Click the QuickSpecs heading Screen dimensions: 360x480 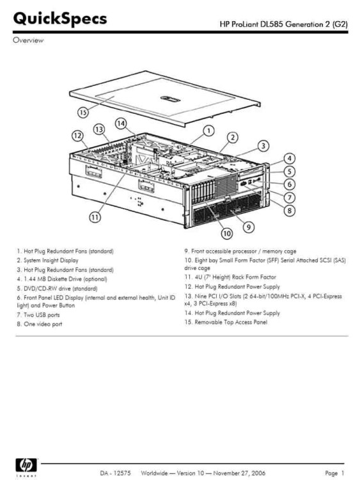coord(60,19)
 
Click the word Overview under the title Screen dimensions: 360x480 coord(28,40)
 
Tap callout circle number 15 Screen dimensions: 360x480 coord(83,113)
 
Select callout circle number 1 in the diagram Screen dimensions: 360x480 coord(208,131)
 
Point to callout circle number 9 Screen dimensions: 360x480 coord(249,227)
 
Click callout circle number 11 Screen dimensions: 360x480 coord(95,217)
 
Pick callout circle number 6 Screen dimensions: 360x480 coord(290,184)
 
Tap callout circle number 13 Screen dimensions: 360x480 coord(99,129)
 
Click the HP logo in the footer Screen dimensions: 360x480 coord(26,465)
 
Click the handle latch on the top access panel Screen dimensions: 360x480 coord(170,99)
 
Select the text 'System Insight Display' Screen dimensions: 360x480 coord(51,260)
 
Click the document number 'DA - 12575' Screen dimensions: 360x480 coord(115,473)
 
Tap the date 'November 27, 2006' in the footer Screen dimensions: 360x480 coord(239,473)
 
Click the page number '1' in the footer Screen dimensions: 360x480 coord(343,473)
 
